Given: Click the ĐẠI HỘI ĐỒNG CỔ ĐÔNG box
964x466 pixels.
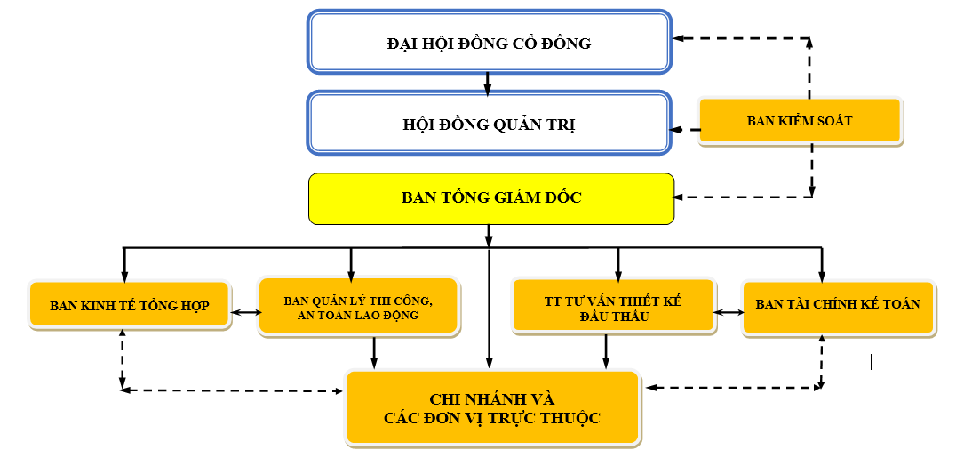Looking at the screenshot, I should (x=489, y=42).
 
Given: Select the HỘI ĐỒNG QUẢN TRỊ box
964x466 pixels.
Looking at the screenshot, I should (x=489, y=124).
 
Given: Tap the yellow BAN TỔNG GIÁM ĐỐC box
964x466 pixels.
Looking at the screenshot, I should (x=490, y=197).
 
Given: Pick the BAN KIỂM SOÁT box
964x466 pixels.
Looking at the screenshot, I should (x=800, y=121).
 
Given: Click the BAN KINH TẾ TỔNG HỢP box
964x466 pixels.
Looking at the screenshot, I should (x=130, y=306).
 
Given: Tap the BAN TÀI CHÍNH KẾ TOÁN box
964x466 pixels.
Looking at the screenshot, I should (x=838, y=304).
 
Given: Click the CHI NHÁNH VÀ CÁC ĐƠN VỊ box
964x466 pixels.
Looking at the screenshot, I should (x=491, y=407).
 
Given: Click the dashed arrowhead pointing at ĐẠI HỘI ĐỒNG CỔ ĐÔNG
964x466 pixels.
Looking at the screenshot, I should (x=678, y=39).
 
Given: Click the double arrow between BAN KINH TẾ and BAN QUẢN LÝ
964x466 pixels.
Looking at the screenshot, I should (x=246, y=312).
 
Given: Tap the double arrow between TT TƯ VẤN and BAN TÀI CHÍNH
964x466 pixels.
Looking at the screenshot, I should (x=729, y=312).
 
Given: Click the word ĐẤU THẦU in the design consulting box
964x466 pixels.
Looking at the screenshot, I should (x=613, y=317).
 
